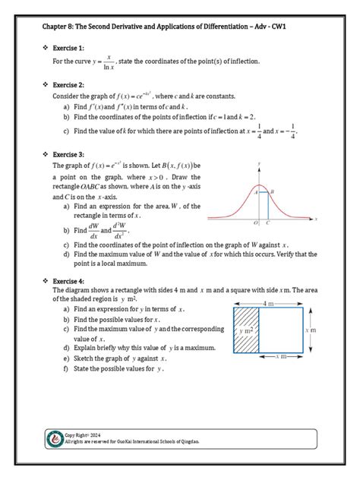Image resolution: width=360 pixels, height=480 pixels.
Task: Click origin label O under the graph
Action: point(257,224)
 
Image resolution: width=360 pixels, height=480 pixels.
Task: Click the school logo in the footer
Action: point(55,440)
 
